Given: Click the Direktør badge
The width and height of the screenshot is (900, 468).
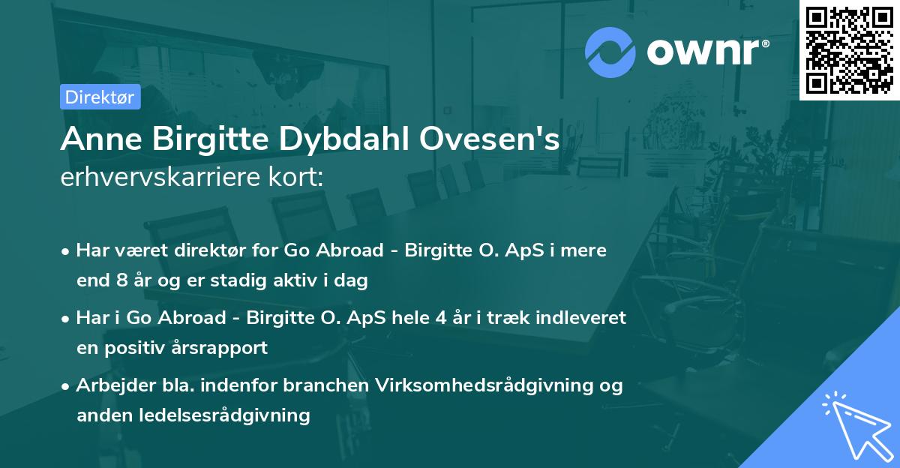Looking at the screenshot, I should (x=100, y=97).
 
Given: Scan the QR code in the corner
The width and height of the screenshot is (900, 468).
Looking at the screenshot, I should (x=849, y=49).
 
